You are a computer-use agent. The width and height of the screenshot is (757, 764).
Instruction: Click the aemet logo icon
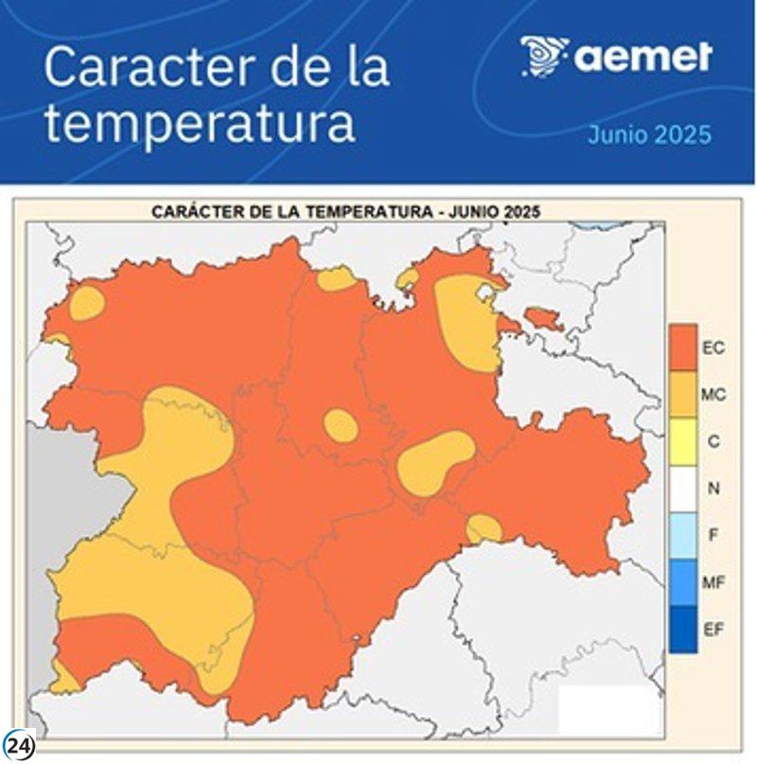[x=543, y=57]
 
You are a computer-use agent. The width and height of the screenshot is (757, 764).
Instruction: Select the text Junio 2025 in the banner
[x=648, y=134]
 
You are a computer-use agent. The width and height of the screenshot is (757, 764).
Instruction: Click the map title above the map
[x=345, y=212]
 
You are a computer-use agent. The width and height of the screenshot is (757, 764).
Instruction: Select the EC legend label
[x=713, y=348]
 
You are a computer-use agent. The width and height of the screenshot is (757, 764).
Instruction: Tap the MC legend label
[x=713, y=395]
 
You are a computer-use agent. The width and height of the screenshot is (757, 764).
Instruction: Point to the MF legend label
[x=713, y=582]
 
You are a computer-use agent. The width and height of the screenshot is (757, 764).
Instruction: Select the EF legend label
[x=713, y=629]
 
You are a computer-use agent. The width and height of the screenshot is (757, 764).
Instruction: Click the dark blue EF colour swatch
[x=682, y=630]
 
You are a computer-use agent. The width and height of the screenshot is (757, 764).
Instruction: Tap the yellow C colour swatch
[x=682, y=442]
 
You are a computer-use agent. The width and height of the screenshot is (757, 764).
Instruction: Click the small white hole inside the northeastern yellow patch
[x=487, y=292]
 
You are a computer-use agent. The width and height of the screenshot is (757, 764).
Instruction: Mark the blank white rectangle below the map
[x=608, y=709]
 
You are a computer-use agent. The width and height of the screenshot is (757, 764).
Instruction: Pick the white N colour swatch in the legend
[x=682, y=489]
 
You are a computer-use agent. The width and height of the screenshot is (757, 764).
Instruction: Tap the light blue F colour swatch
[x=682, y=536]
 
